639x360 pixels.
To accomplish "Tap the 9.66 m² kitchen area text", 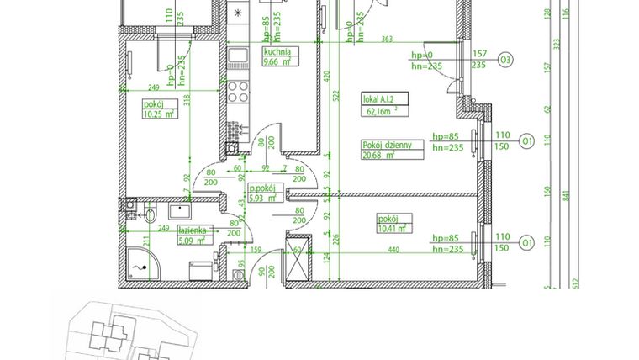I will pos(277,61).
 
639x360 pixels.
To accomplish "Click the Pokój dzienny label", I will pos(388,145).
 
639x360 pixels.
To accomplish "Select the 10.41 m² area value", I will pos(392,227).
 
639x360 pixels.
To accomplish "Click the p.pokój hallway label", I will pos(264,188).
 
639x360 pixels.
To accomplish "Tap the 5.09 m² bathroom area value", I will pos(192,240).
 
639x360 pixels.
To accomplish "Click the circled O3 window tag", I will pos(506,60).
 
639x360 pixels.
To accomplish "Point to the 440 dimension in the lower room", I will pos(393,250).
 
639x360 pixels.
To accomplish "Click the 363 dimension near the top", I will pos(387,39).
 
